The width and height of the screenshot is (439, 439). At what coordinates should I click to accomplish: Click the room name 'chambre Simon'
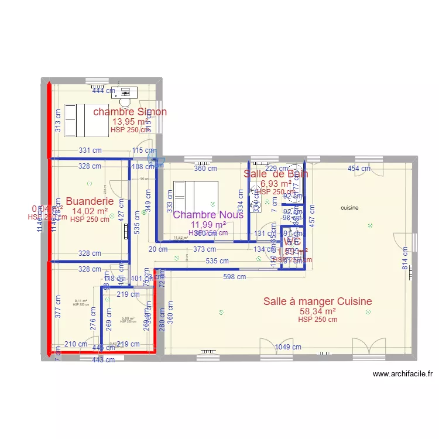coord(130,112)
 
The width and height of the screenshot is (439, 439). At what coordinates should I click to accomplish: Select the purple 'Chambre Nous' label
coord(208,215)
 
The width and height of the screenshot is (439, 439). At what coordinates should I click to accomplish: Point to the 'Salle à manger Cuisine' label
coord(317,301)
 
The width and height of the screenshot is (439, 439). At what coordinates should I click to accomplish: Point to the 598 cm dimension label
coord(234,277)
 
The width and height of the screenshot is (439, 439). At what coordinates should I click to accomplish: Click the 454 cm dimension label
coord(359,169)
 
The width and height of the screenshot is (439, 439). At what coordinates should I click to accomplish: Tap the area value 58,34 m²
coord(317,311)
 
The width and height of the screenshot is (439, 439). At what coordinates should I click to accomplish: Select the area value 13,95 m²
coord(130,122)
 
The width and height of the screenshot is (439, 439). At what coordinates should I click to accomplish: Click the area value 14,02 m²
coord(90,211)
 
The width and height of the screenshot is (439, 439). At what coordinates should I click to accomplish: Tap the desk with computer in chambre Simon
coord(124,92)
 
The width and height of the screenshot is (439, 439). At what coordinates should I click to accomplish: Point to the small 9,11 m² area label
coord(81,301)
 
